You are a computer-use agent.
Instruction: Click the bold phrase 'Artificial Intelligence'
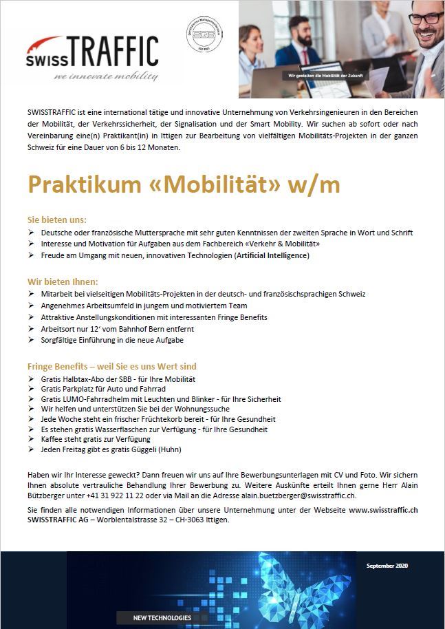[272, 255]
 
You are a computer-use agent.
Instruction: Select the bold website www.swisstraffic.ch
[384, 509]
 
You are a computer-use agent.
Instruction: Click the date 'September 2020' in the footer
[387, 566]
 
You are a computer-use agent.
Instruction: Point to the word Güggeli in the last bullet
[142, 449]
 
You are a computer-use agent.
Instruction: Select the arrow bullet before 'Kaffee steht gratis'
[31, 439]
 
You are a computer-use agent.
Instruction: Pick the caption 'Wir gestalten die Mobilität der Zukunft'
[325, 75]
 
